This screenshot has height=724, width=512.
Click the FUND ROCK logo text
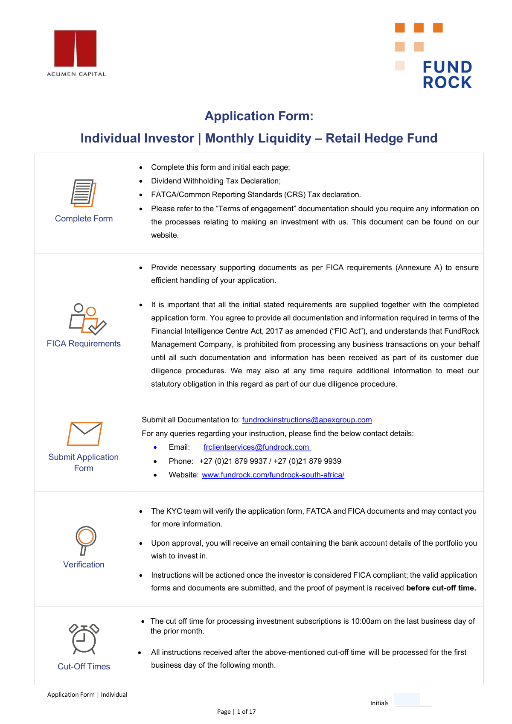(447, 75)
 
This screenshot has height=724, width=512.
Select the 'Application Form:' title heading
(259, 116)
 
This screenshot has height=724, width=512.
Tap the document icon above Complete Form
(83, 193)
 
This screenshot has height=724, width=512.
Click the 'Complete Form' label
(84, 218)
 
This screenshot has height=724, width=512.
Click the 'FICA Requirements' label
(84, 343)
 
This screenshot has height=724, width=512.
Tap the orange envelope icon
(84, 433)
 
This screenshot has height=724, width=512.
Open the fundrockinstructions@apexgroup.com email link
(307, 420)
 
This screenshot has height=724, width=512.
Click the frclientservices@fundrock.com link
(256, 447)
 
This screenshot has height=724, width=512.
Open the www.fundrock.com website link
(273, 475)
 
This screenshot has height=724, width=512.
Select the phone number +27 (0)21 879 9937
(233, 461)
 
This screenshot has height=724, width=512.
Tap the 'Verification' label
(84, 564)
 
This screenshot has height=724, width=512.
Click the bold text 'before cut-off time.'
(441, 588)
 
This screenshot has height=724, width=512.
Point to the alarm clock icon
(84, 639)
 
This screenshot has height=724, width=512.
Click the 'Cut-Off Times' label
(84, 666)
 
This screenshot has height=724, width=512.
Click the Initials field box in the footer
(407, 699)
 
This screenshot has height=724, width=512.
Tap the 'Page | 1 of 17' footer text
(236, 712)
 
